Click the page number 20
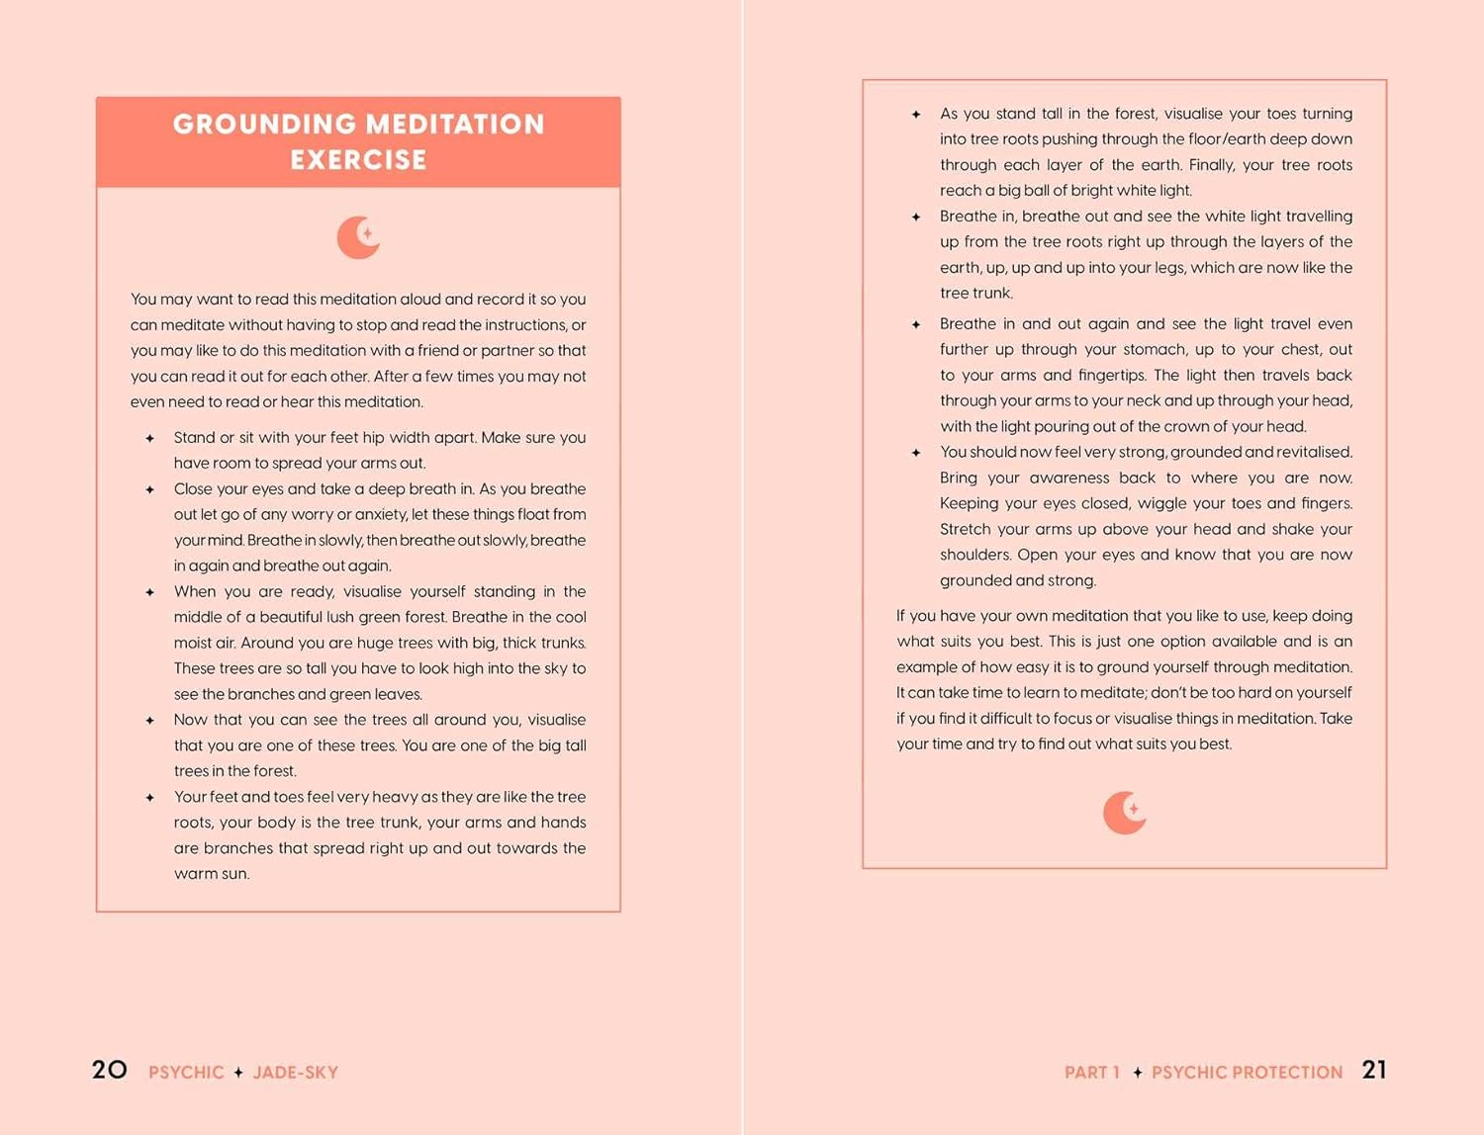109,1070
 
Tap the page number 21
1374,1070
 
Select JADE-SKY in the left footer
295,1073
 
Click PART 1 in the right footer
1091,1073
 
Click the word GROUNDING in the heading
264,125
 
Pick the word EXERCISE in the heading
358,160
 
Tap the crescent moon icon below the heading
358,237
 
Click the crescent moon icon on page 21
1124,813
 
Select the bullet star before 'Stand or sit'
150,438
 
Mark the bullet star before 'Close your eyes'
150,489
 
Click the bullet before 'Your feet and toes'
150,798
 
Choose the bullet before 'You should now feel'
916,453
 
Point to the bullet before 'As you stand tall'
916,115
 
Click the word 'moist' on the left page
194,643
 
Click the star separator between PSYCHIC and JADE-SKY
238,1073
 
